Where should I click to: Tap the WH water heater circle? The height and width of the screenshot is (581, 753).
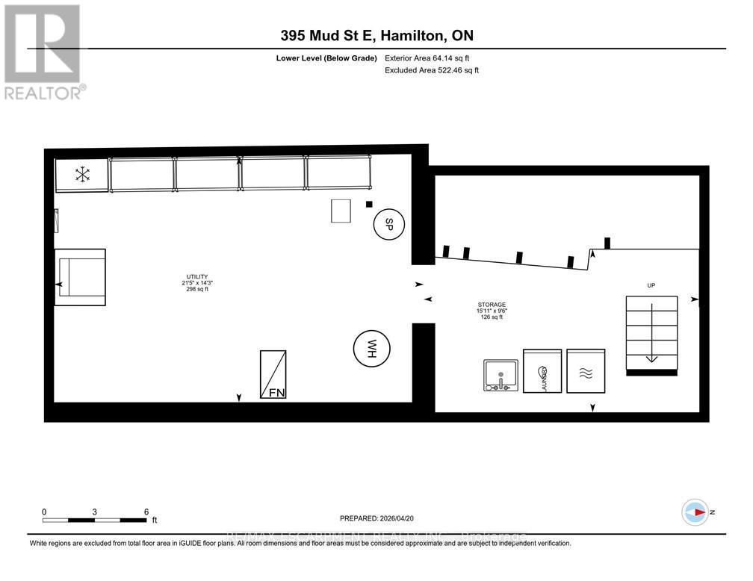(x=370, y=347)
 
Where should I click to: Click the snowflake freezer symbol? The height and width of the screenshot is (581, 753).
(x=82, y=175)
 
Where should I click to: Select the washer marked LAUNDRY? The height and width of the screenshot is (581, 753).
(x=542, y=370)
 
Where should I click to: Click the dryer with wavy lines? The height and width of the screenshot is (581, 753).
(x=586, y=370)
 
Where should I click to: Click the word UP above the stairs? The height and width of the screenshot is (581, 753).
(x=651, y=285)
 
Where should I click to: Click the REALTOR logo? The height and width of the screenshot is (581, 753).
(x=44, y=52)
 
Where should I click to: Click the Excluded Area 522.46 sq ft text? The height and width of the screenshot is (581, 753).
(x=431, y=70)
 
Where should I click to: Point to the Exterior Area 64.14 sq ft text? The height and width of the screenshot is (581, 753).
(x=427, y=58)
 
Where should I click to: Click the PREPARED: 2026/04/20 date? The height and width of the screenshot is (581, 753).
(x=376, y=517)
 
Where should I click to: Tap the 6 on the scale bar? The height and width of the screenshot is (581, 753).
(x=146, y=512)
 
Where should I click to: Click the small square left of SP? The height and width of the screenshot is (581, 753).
(x=368, y=205)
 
